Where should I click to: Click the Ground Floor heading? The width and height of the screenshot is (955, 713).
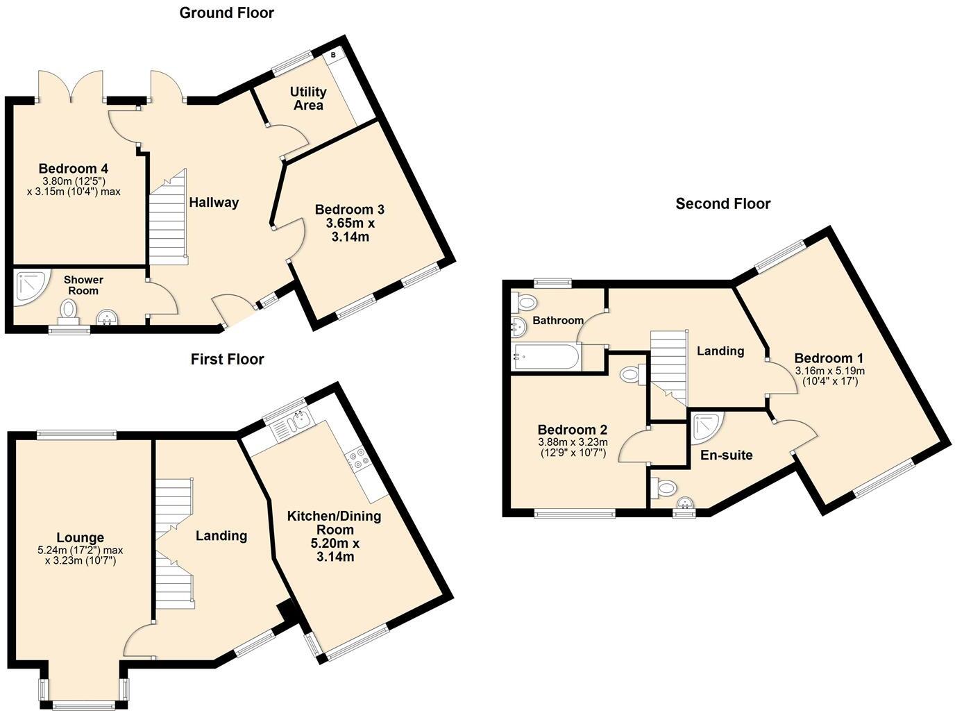pos(226,12)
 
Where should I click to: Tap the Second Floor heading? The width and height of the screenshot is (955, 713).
pos(722,203)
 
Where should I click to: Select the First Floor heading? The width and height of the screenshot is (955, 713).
pos(227,359)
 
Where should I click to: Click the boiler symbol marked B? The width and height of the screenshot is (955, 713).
pos(333,55)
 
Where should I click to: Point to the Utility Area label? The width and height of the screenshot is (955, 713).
pos(308,99)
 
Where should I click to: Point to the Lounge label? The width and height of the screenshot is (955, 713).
pos(80,537)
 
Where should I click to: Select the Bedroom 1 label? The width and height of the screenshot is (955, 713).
pos(829,358)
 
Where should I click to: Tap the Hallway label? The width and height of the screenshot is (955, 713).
pos(214,203)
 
